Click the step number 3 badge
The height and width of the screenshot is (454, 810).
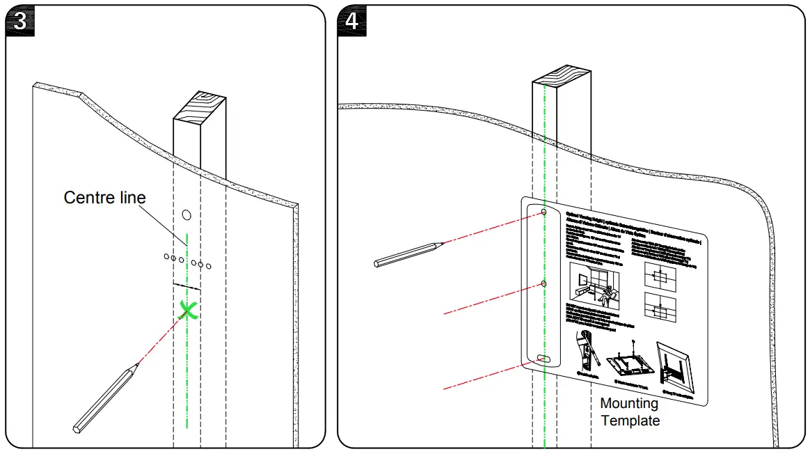point(21,21)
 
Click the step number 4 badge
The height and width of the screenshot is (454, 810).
point(352,21)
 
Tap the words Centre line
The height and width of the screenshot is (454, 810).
point(105,198)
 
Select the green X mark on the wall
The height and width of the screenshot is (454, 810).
point(187,310)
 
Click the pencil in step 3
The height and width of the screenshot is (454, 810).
point(104,399)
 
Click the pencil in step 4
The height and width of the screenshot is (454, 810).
point(408,253)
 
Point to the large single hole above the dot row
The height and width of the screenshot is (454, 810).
point(186,214)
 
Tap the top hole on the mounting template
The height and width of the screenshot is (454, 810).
point(544,211)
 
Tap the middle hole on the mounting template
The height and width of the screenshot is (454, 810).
point(544,284)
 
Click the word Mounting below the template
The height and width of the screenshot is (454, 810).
point(628,403)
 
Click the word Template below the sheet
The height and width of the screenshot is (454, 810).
point(630,421)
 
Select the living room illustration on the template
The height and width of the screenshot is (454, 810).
point(595,285)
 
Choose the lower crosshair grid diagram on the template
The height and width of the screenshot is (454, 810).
point(659,309)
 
